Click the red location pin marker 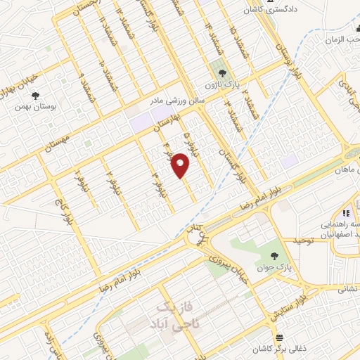coord(181,165)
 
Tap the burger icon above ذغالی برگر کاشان coord(279,338)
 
